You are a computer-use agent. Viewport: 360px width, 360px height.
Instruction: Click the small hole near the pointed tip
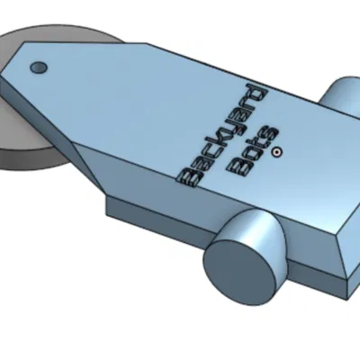(x=39, y=67)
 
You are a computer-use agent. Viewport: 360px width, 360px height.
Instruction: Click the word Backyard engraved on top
(x=222, y=137)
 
